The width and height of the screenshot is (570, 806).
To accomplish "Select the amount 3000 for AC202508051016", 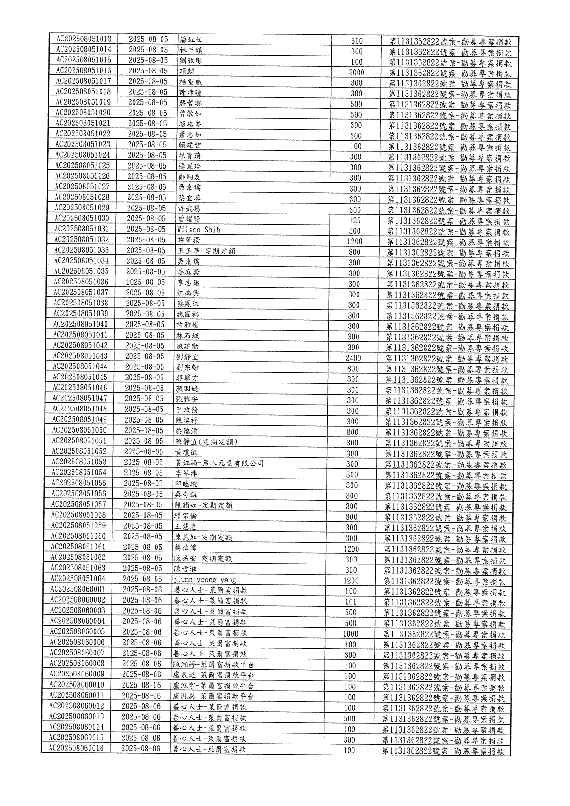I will [x=356, y=73].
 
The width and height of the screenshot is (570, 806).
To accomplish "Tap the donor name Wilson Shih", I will [x=198, y=230].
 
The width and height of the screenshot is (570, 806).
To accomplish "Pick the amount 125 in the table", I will [x=355, y=220].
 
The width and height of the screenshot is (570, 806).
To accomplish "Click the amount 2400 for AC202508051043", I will [x=353, y=358].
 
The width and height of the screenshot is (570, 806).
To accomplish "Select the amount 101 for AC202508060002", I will [x=350, y=602].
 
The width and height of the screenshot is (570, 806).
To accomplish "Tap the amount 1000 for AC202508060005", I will [x=350, y=634].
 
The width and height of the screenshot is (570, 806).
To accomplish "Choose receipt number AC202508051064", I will [x=78, y=579].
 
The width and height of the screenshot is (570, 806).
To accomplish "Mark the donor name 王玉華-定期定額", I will [x=207, y=251].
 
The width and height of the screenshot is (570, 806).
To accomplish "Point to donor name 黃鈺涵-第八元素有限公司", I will [x=219, y=463].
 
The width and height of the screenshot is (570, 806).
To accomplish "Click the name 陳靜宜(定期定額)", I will [x=206, y=442].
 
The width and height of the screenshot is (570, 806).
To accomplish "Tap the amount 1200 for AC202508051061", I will [x=351, y=549].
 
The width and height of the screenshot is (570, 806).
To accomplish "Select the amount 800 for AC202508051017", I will [x=356, y=83].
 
